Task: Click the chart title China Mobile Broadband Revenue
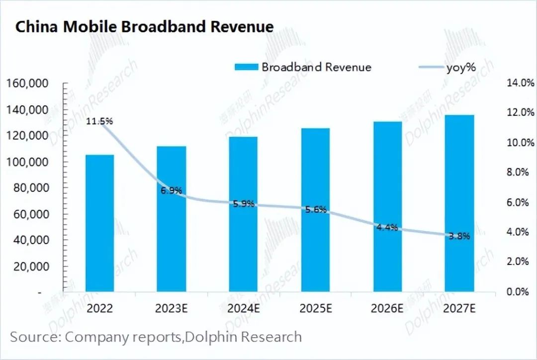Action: coord(144,26)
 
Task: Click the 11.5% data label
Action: coord(99,121)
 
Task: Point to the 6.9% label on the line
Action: coord(171,190)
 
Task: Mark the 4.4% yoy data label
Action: coord(387,228)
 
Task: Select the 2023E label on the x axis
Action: coord(172,308)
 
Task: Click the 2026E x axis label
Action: coord(387,308)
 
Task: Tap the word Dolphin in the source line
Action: coord(209,337)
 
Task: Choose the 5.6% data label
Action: coord(315,210)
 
